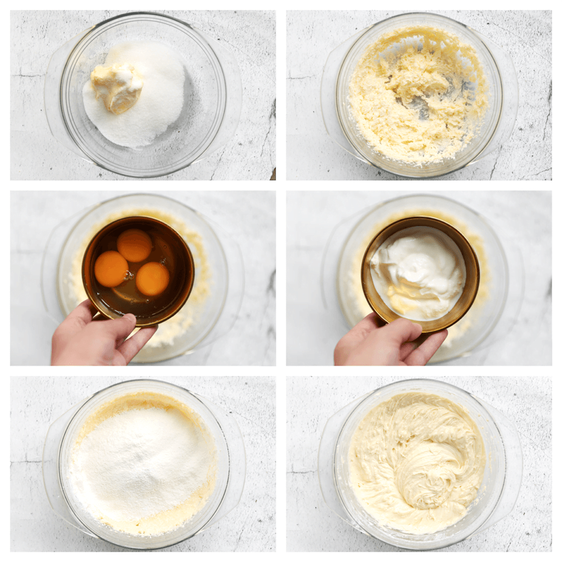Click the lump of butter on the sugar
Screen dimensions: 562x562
[117, 86]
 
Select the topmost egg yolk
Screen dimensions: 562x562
[135, 245]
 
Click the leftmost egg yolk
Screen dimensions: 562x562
[111, 268]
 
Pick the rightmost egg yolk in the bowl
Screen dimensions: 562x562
[153, 279]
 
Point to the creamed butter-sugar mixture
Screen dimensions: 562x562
[417, 99]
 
